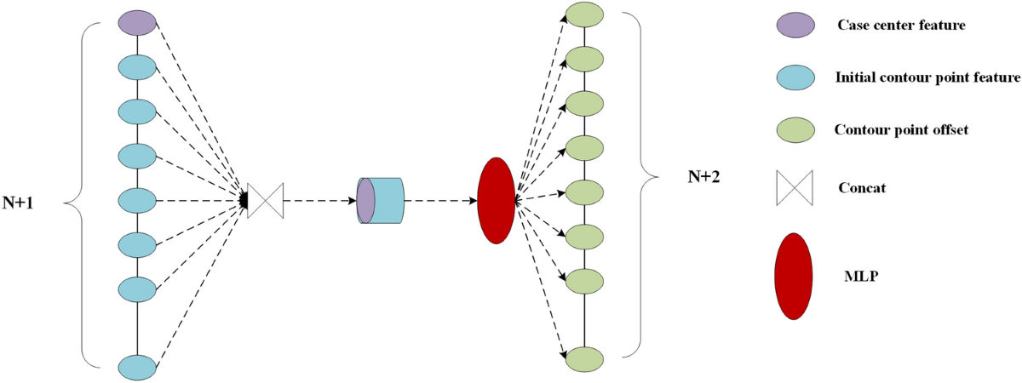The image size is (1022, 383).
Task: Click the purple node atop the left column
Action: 137,22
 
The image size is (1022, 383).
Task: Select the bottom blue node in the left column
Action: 137,367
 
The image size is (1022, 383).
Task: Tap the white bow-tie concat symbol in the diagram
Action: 265,201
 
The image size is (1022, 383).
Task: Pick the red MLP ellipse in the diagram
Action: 497,201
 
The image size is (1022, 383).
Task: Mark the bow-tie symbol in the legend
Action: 795,188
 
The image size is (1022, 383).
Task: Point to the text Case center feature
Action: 901,26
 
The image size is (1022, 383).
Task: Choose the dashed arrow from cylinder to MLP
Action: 439,201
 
